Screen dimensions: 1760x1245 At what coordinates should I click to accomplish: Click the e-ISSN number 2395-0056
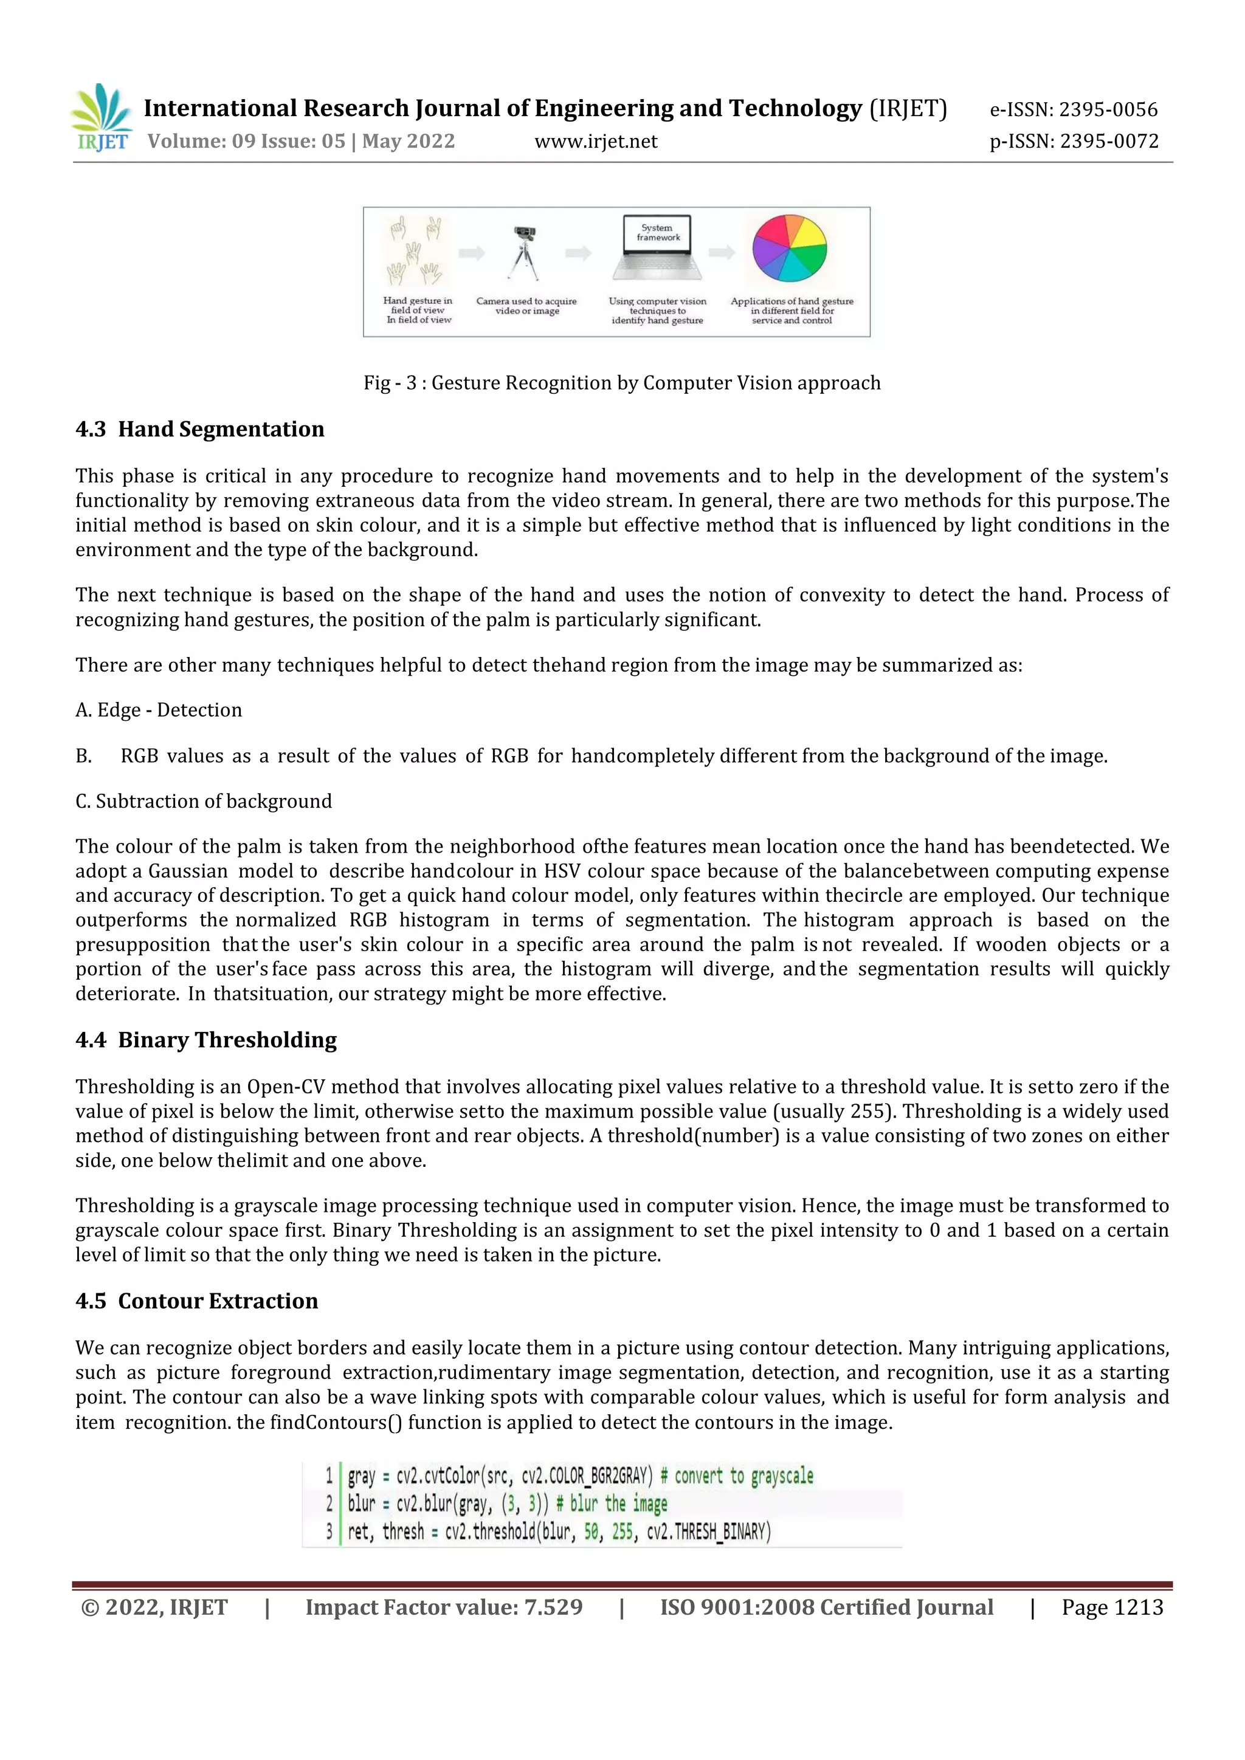(x=1108, y=109)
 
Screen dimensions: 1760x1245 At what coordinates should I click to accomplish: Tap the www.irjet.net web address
(x=596, y=141)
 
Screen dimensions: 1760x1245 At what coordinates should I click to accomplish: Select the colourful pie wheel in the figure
(x=790, y=249)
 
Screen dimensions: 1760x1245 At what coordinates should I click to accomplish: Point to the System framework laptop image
(x=657, y=249)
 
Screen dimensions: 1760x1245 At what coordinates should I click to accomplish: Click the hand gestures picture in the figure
(x=416, y=252)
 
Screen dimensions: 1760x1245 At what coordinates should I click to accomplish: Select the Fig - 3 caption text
(x=622, y=382)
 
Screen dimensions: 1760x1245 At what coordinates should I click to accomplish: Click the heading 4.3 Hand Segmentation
(x=200, y=429)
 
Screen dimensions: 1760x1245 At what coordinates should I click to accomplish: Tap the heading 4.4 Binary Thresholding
(x=206, y=1040)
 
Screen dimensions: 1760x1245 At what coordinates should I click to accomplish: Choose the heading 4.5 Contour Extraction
(x=197, y=1301)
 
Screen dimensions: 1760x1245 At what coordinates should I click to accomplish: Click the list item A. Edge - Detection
(x=159, y=710)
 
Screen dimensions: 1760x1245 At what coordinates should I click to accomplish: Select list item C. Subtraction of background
(x=204, y=801)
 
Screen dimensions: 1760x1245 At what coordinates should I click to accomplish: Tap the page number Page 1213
(x=1112, y=1607)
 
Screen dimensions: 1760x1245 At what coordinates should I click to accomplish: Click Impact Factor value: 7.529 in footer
(x=444, y=1607)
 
